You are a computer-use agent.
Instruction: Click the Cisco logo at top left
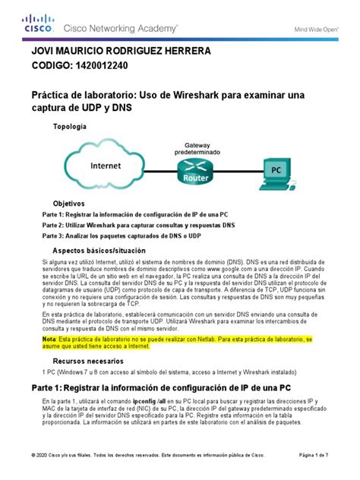(37, 25)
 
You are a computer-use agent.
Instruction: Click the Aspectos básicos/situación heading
(99, 250)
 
